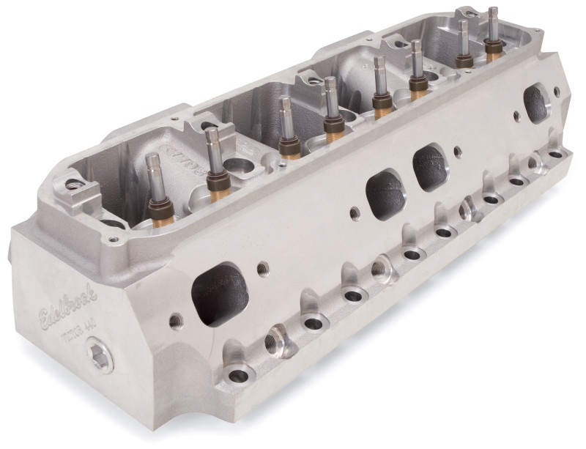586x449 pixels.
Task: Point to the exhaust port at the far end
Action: coord(539,104)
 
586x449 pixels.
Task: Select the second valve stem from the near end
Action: coord(213,136)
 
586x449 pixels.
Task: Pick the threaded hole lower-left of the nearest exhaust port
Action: coord(175,320)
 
